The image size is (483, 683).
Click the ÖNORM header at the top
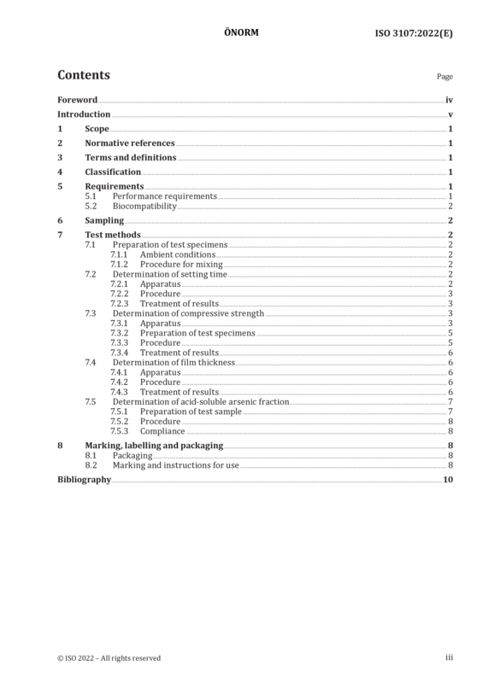click(x=241, y=32)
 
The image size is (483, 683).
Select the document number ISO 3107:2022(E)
click(x=414, y=33)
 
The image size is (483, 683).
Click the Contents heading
click(x=84, y=75)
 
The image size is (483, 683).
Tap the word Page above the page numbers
click(x=445, y=77)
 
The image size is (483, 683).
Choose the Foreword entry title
click(x=78, y=100)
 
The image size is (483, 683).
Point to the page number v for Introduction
click(x=451, y=114)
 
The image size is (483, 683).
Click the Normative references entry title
click(x=130, y=143)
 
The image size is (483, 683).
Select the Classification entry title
click(x=113, y=172)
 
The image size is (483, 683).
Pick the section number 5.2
click(x=91, y=206)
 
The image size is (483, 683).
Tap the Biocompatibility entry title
click(x=144, y=206)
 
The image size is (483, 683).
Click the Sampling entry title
click(x=104, y=220)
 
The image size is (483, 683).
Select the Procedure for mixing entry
click(x=181, y=265)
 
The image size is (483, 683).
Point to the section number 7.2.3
click(x=119, y=304)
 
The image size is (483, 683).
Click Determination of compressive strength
click(x=188, y=313)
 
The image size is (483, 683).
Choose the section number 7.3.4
click(x=119, y=353)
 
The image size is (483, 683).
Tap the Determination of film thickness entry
click(x=174, y=362)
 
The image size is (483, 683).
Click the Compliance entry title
click(x=162, y=431)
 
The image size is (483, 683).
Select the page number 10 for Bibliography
click(x=448, y=480)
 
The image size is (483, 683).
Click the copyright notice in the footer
click(x=109, y=658)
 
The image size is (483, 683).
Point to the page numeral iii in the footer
click(x=449, y=657)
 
